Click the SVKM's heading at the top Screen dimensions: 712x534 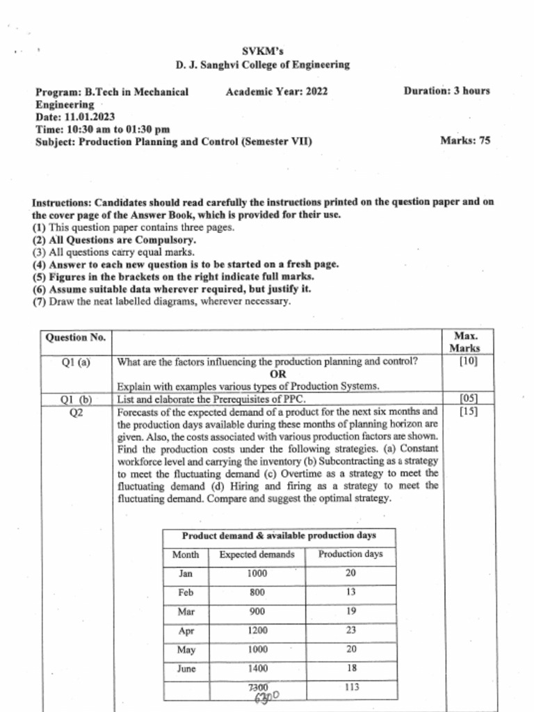pyautogui.click(x=263, y=51)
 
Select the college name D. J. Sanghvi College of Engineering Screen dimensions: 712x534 pyautogui.click(x=263, y=65)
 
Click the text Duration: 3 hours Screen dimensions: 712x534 pyautogui.click(x=446, y=91)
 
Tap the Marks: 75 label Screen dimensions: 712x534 pyautogui.click(x=465, y=140)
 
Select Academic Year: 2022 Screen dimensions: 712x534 pyautogui.click(x=277, y=91)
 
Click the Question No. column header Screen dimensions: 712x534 pyautogui.click(x=75, y=338)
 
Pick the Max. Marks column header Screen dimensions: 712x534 pyautogui.click(x=464, y=342)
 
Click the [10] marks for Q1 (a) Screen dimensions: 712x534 pyautogui.click(x=469, y=362)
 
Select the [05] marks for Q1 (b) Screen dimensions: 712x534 pyautogui.click(x=469, y=399)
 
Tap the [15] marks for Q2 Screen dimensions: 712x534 pyautogui.click(x=469, y=412)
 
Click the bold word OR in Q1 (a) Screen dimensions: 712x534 pyautogui.click(x=277, y=374)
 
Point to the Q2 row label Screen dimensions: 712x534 pyautogui.click(x=76, y=412)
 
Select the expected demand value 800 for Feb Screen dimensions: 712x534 pyautogui.click(x=257, y=593)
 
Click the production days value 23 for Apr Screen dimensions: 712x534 pyautogui.click(x=350, y=631)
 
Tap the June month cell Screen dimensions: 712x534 pyautogui.click(x=186, y=669)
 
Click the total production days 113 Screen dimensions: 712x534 pyautogui.click(x=350, y=688)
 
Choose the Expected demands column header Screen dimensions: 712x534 pyautogui.click(x=257, y=555)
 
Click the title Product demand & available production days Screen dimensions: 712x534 pyautogui.click(x=279, y=536)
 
